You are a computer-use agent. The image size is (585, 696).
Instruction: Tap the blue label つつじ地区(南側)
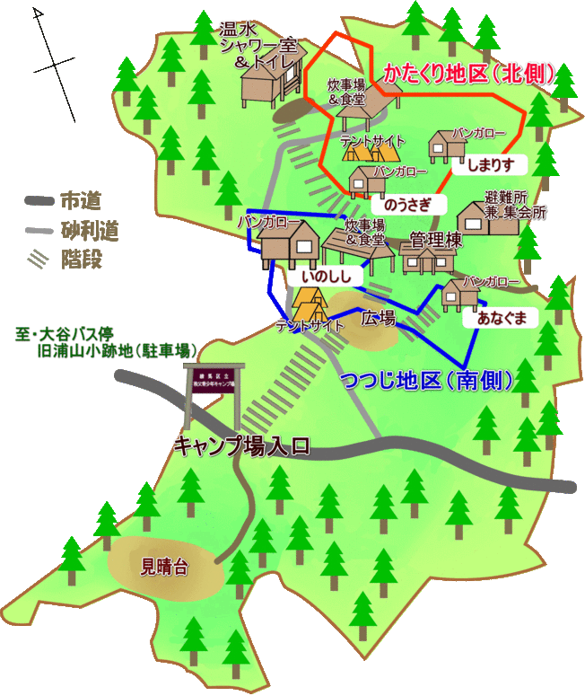tap(427, 380)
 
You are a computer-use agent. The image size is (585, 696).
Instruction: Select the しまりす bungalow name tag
tap(490, 164)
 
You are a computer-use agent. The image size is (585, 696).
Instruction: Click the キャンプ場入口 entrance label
tap(240, 445)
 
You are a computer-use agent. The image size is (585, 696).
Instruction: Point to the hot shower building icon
tap(266, 85)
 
